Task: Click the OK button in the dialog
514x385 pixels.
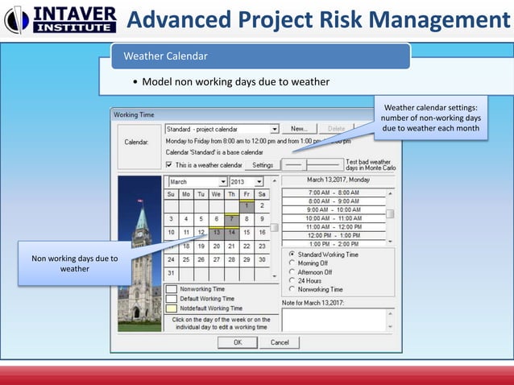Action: pyautogui.click(x=238, y=342)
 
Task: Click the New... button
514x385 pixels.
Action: pyautogui.click(x=299, y=129)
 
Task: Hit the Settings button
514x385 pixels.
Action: pyautogui.click(x=263, y=165)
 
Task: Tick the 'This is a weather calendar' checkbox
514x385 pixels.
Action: pyautogui.click(x=169, y=165)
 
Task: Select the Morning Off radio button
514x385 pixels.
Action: pyautogui.click(x=292, y=263)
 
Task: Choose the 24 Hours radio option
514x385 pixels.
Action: pyautogui.click(x=292, y=281)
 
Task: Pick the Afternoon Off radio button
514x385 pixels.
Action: pyautogui.click(x=292, y=272)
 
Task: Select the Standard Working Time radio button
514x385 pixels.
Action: pyautogui.click(x=292, y=255)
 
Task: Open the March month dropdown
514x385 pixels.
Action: pyautogui.click(x=222, y=182)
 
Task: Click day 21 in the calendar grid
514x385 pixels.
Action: pyautogui.click(x=231, y=246)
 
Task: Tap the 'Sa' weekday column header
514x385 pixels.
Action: pyautogui.click(x=262, y=194)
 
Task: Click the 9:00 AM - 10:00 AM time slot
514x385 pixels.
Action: pyautogui.click(x=335, y=209)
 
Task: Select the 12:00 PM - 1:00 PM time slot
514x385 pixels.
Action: pyautogui.click(x=335, y=235)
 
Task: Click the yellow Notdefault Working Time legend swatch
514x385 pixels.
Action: pyautogui.click(x=172, y=308)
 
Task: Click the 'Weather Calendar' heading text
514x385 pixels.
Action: pyautogui.click(x=165, y=56)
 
